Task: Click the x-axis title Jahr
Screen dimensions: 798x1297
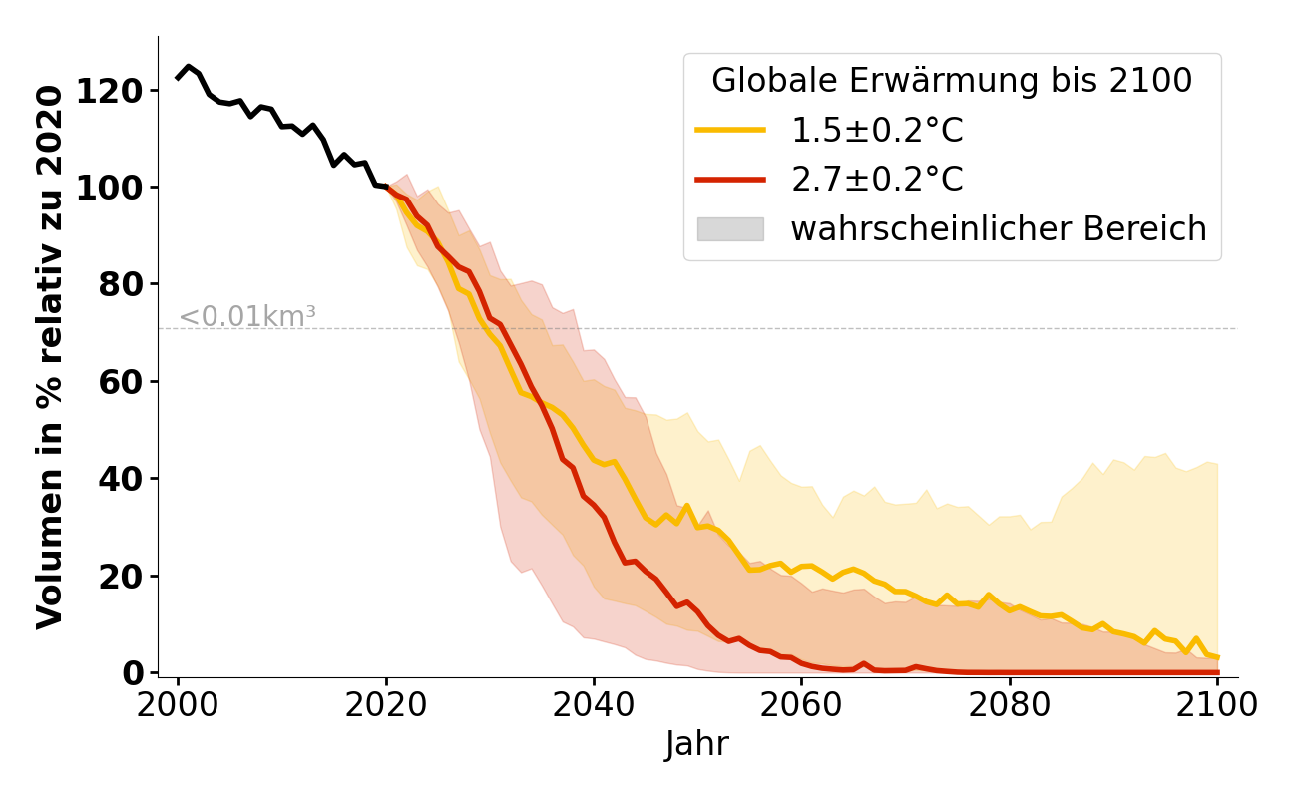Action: click(x=697, y=744)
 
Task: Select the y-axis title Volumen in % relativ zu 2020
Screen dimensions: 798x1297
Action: click(x=51, y=357)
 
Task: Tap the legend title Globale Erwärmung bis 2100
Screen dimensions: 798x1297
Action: click(x=952, y=81)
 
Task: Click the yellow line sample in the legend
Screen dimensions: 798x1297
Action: click(x=730, y=131)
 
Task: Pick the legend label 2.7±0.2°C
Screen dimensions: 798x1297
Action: click(x=877, y=180)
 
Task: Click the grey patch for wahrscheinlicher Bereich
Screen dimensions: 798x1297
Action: click(x=730, y=229)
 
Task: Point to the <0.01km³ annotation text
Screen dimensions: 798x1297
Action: click(x=247, y=317)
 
